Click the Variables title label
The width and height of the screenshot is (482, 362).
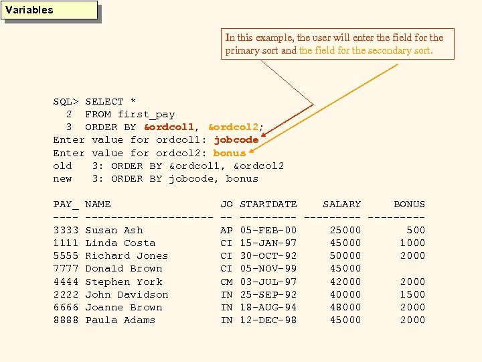pos(29,10)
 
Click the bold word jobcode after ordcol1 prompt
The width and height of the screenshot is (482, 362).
pos(236,140)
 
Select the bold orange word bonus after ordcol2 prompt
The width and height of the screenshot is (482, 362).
pos(230,153)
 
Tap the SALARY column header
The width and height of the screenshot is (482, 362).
pos(341,204)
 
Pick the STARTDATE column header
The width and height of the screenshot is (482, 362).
pos(268,204)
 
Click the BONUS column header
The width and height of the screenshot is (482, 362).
pos(409,204)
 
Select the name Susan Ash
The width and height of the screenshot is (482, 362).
pos(114,230)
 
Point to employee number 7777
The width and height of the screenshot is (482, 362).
pos(66,269)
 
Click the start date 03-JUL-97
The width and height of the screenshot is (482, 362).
pos(268,282)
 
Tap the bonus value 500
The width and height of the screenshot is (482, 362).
pos(415,230)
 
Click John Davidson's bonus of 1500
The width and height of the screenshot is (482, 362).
pos(412,294)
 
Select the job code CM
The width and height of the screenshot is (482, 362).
pos(226,282)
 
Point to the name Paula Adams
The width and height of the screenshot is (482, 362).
pos(120,320)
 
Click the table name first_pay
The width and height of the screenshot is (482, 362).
pos(146,115)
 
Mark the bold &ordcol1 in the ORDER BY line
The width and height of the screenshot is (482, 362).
pos(169,127)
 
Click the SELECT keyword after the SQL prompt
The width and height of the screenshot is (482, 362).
pos(104,102)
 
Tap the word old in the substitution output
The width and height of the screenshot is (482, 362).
pos(62,166)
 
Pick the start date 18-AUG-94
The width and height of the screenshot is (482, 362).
pos(268,307)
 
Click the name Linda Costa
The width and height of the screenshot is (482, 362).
pos(120,243)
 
